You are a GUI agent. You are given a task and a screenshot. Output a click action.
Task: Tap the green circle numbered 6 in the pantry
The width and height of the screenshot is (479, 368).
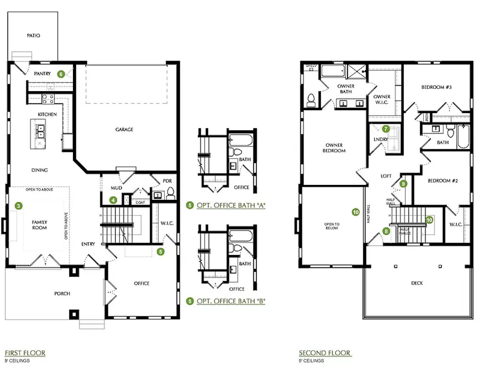point(60,74)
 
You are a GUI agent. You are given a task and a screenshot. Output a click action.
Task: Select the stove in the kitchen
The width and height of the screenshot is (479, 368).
point(48,99)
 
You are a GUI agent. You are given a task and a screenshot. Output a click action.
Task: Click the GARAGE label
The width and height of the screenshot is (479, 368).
point(124,129)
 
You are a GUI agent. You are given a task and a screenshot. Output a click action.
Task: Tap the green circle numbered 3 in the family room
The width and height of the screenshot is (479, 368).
point(18,206)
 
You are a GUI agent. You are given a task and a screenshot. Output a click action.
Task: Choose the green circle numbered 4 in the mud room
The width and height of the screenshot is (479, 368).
point(113,200)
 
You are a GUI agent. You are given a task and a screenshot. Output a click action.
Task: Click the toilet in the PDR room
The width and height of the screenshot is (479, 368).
point(170,194)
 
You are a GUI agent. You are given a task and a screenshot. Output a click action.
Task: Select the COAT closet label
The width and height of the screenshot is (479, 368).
point(140,202)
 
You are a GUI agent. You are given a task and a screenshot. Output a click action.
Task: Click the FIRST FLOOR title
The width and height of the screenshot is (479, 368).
point(25,353)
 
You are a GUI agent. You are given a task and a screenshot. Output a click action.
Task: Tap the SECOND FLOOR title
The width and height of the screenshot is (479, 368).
point(324,353)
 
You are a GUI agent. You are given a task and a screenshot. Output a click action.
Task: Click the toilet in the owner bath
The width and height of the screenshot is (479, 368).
point(311,99)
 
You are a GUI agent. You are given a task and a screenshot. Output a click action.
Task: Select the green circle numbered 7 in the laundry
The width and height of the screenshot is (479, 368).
point(386,128)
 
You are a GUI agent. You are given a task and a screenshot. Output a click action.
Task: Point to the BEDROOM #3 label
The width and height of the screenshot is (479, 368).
point(437,87)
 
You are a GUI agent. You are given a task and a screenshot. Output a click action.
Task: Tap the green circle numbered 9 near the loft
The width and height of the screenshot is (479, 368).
point(403,184)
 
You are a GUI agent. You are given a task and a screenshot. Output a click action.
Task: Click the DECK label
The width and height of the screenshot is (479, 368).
point(417,283)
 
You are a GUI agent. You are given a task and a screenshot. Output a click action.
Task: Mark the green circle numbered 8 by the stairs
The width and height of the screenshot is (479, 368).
point(387,232)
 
